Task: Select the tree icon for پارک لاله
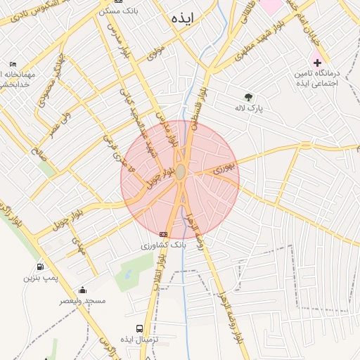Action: click(x=248, y=98)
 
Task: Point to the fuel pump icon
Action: click(x=39, y=266)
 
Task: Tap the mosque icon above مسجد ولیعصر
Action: click(x=82, y=290)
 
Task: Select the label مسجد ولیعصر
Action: click(x=83, y=301)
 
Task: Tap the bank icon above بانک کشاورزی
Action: click(x=164, y=234)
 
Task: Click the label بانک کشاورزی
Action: click(x=163, y=245)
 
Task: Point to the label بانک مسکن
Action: click(x=116, y=11)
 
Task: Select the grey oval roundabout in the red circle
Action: click(x=181, y=172)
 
